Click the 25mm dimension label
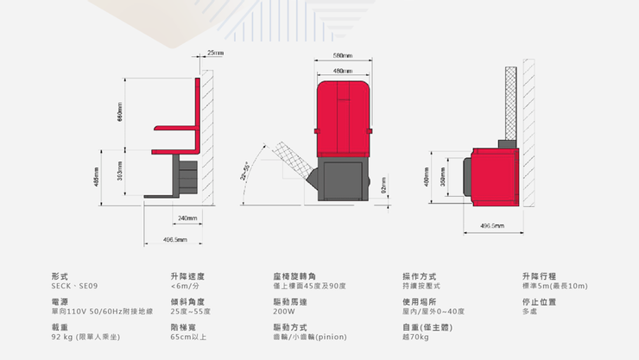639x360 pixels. click(x=215, y=54)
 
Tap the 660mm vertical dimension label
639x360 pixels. click(x=119, y=111)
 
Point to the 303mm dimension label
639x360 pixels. click(x=119, y=177)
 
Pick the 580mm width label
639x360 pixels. click(x=344, y=56)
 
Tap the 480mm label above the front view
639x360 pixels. click(x=344, y=70)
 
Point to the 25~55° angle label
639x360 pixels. click(x=245, y=170)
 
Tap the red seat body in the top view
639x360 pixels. click(x=492, y=176)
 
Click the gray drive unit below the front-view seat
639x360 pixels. click(x=344, y=181)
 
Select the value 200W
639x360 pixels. click(x=284, y=311)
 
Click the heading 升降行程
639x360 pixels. click(x=539, y=276)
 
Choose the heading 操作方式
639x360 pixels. click(x=420, y=276)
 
